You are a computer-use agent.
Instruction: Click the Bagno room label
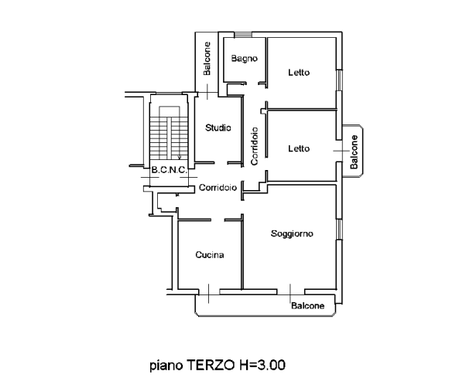click(x=245, y=59)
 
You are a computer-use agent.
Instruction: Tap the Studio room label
click(x=218, y=128)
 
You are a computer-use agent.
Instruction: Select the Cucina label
click(x=210, y=255)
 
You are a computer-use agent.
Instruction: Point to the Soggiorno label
click(x=292, y=234)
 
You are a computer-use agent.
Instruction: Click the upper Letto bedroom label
click(x=299, y=73)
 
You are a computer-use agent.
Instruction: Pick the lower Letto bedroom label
click(x=299, y=148)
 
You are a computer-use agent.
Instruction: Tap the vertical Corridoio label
click(x=254, y=146)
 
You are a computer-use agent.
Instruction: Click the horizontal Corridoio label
click(x=218, y=188)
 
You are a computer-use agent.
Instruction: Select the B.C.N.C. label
click(x=170, y=170)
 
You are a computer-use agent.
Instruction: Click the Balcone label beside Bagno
click(x=207, y=59)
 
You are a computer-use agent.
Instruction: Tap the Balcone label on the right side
click(x=355, y=151)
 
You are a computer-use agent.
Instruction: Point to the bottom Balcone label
click(x=308, y=306)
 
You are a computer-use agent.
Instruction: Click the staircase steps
click(x=169, y=138)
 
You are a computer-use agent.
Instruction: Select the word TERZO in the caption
click(x=211, y=365)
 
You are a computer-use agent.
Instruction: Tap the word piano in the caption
click(x=166, y=366)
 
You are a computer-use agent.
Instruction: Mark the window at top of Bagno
click(x=243, y=35)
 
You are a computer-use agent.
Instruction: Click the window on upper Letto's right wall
click(x=339, y=80)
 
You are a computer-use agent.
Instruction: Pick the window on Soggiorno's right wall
click(x=339, y=230)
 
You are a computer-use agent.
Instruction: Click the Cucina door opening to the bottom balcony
click(x=209, y=293)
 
